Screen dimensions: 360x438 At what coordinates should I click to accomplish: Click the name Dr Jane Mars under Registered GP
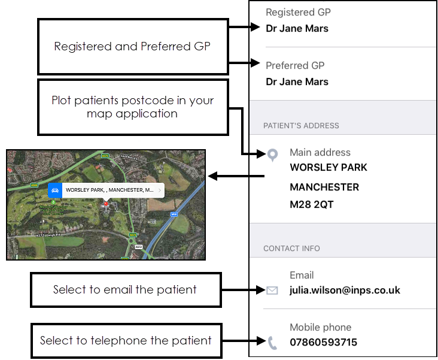tap(297, 28)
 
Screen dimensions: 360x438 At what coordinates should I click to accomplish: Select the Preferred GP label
tap(296, 65)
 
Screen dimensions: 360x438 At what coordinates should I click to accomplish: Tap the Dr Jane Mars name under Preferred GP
tap(297, 81)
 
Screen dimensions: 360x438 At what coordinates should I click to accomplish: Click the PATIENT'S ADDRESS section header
tap(301, 126)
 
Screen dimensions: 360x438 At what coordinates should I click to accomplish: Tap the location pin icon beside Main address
tap(272, 156)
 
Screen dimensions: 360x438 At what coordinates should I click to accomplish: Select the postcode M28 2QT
tap(312, 205)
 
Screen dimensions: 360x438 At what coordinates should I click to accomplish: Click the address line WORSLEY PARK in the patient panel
tap(328, 168)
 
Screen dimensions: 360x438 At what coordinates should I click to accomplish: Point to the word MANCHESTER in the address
tap(324, 187)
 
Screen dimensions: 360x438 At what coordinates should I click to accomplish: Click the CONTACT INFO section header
tap(291, 249)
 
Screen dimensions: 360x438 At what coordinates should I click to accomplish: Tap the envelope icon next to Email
tap(272, 291)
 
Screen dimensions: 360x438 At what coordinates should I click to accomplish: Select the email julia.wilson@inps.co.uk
tap(345, 291)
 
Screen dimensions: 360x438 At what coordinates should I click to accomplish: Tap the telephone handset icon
tap(272, 343)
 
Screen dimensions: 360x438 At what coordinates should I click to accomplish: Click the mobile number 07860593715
tap(323, 343)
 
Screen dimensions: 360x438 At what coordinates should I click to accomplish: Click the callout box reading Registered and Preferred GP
tap(132, 46)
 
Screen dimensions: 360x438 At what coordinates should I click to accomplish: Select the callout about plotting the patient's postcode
tap(132, 106)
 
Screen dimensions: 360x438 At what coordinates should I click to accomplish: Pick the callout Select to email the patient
tap(124, 290)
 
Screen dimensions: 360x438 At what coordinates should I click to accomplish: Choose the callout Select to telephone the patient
tap(126, 341)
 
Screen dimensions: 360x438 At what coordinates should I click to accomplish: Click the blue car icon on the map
tap(55, 190)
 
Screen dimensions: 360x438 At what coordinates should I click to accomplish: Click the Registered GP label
tap(298, 12)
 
